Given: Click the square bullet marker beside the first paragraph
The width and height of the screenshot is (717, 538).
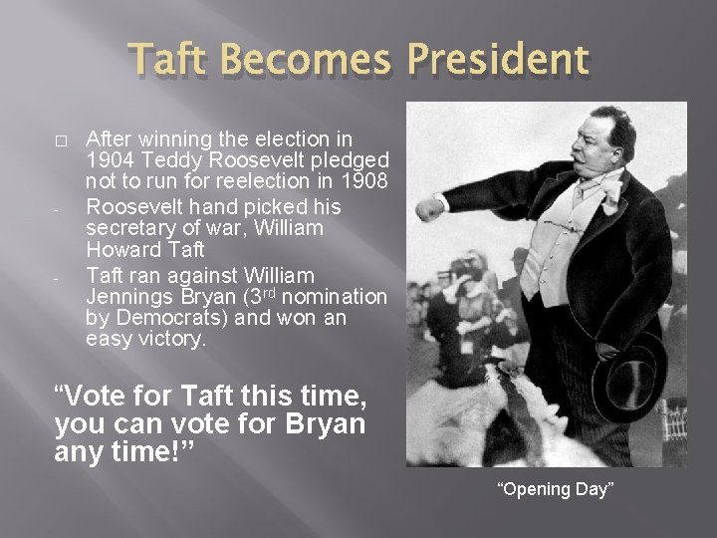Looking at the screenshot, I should point(60,138).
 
